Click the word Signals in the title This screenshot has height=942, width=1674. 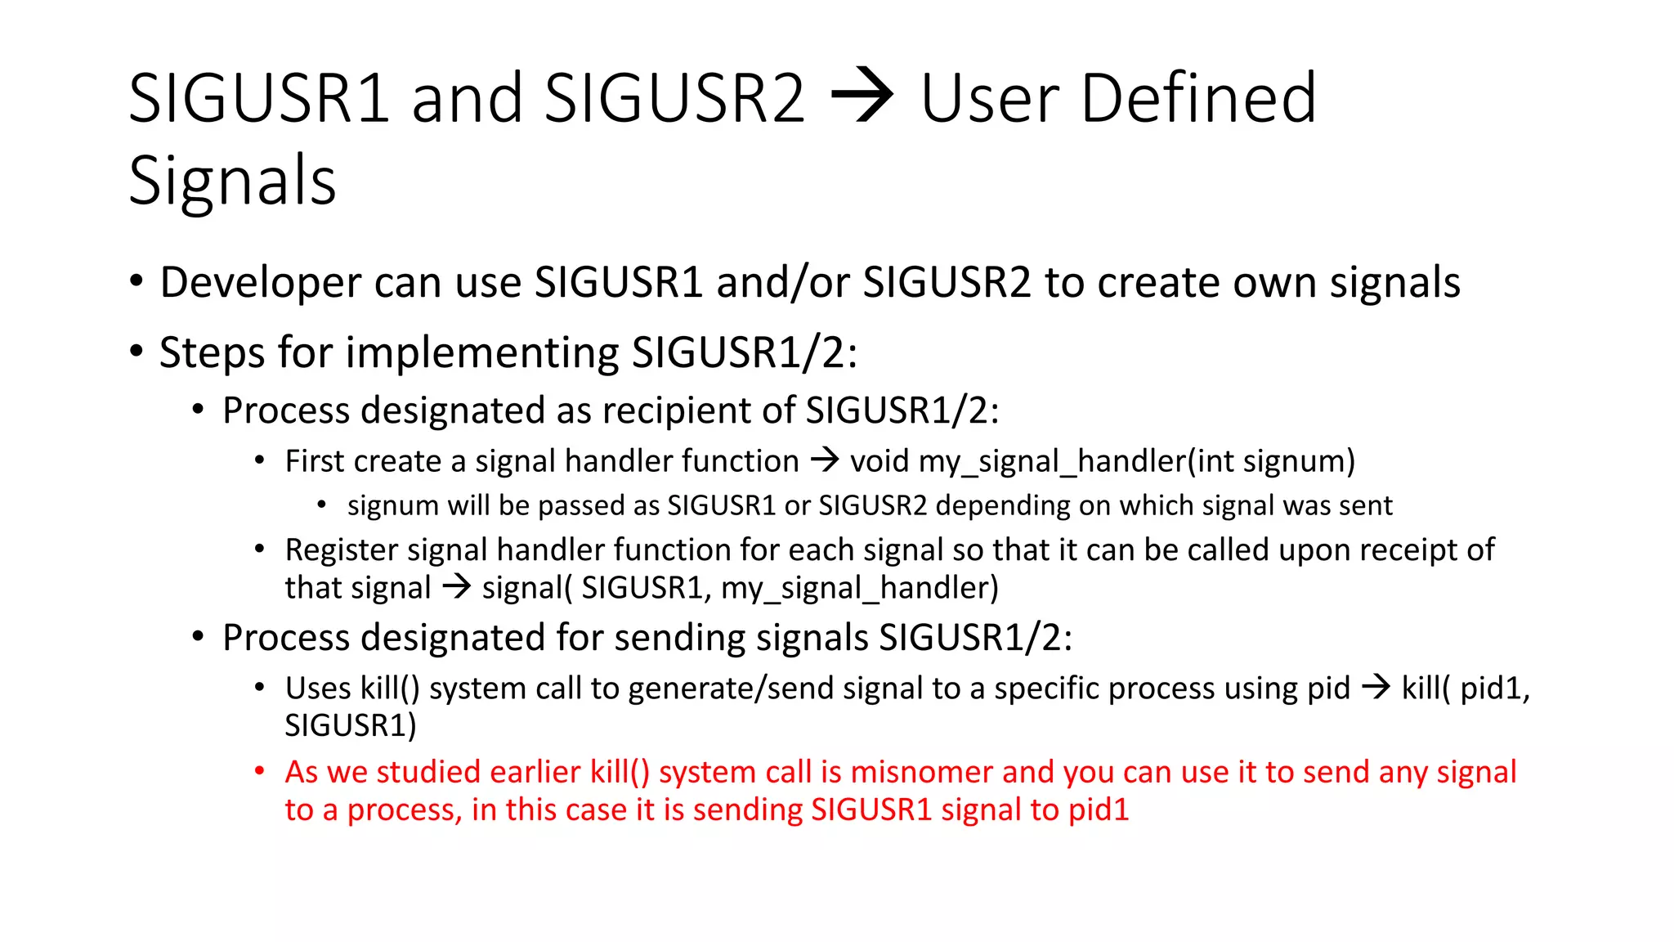(232, 181)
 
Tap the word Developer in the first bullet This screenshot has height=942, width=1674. (260, 283)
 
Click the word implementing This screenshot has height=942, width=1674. (482, 353)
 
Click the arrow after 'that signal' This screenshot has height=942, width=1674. (456, 587)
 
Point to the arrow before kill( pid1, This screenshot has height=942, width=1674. (1376, 688)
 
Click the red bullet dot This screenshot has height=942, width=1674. (259, 770)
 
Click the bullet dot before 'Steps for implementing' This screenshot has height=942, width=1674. (137, 352)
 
